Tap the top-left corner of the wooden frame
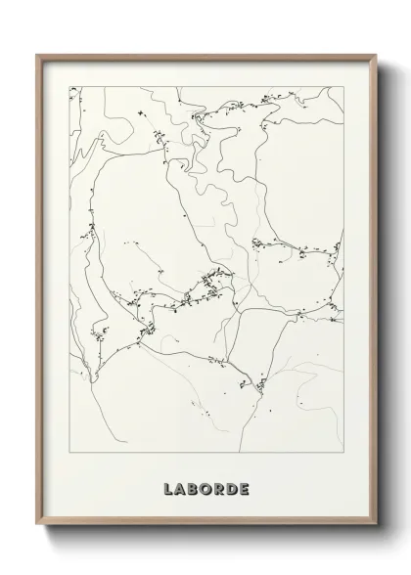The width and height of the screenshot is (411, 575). coord(36,54)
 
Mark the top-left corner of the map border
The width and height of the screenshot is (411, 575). coord(68,86)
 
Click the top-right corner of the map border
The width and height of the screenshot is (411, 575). coord(343,86)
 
